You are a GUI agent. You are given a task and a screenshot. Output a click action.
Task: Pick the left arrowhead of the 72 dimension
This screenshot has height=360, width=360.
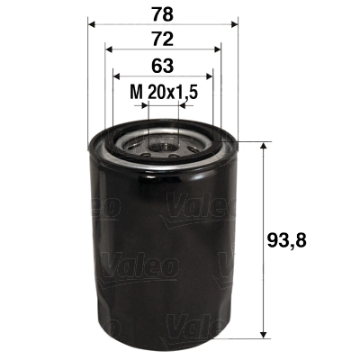point(108,51)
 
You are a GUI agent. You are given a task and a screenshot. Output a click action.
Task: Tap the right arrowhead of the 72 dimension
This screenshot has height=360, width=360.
point(219,51)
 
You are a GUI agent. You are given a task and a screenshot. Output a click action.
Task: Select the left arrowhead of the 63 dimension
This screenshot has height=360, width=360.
point(116,76)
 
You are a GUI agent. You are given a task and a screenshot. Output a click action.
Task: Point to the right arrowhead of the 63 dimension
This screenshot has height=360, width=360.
point(211,76)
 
